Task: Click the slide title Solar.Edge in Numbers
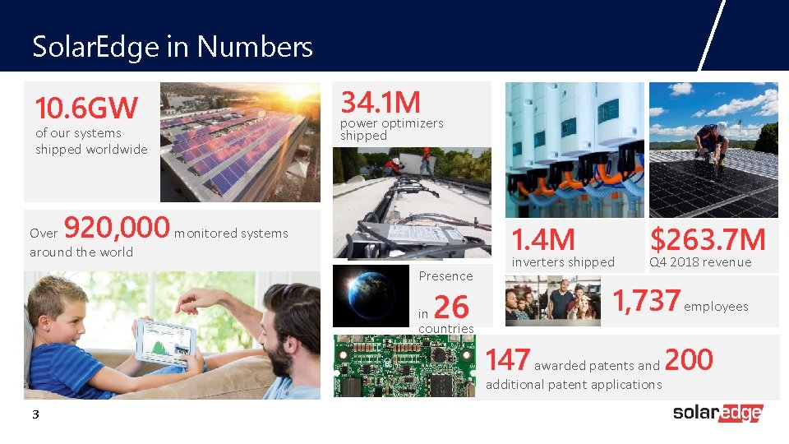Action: (173, 47)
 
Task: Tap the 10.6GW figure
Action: (86, 108)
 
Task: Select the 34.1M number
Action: (381, 103)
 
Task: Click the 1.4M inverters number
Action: (543, 240)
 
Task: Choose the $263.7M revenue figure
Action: (708, 239)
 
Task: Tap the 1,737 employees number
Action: (647, 302)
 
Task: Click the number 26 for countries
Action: (450, 308)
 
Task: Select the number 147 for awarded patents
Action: (508, 360)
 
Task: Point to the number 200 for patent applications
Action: (688, 359)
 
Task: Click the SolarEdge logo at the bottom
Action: (717, 413)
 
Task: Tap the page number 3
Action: (35, 414)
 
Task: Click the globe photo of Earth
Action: (371, 294)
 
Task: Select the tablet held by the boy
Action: (166, 340)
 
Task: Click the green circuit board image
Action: (405, 366)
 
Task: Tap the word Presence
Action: (445, 276)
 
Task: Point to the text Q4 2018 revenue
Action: (700, 262)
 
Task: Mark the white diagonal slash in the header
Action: (712, 35)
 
